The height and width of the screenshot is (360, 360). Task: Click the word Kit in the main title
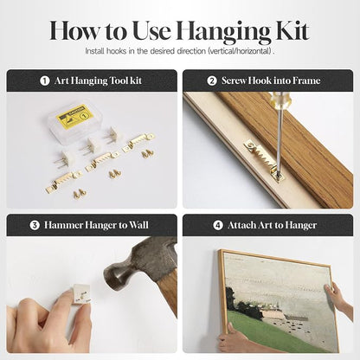tap(293, 30)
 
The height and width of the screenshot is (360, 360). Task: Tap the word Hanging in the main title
tap(224, 33)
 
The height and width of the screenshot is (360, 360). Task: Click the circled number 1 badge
tap(45, 80)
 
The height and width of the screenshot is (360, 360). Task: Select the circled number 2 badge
tap(212, 80)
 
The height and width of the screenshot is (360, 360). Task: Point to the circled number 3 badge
tap(35, 225)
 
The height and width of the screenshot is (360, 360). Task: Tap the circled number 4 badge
tap(218, 225)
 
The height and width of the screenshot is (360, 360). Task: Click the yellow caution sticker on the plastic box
tap(75, 115)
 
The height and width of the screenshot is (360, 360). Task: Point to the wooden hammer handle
tap(168, 292)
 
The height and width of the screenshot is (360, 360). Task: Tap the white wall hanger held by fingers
tap(81, 293)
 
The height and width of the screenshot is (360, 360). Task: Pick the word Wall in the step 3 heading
tap(138, 225)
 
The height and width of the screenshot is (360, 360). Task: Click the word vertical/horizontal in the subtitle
tap(240, 52)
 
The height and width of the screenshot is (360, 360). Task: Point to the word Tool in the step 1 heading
tap(118, 80)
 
